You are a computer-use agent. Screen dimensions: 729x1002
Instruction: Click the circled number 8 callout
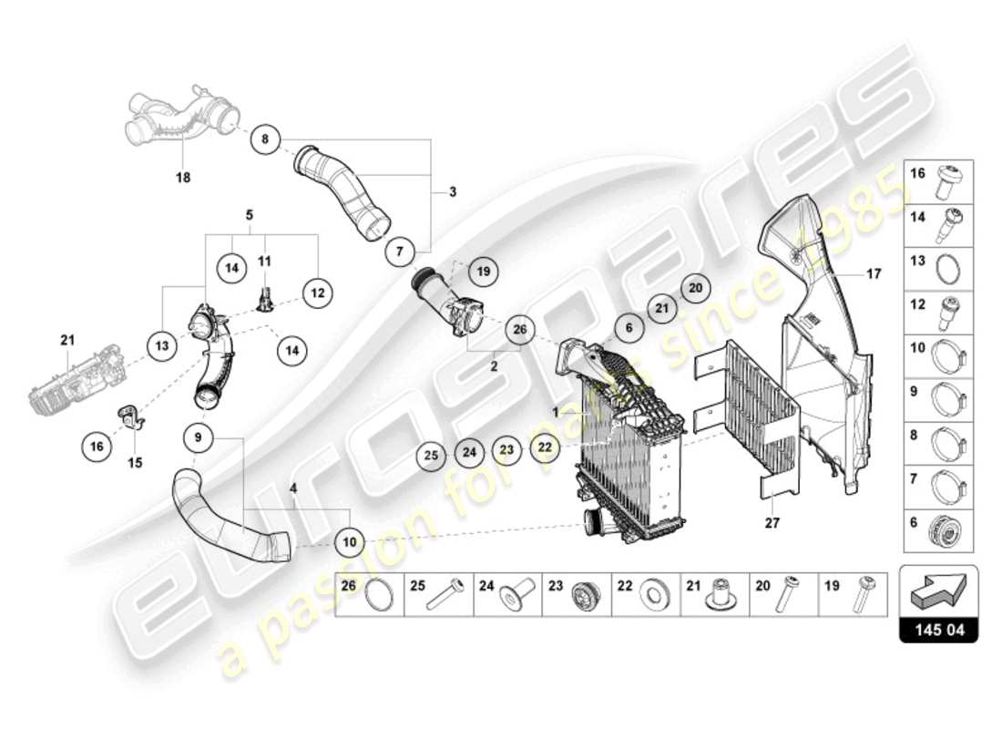tap(265, 139)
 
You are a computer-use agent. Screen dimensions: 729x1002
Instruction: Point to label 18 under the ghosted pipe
tap(183, 178)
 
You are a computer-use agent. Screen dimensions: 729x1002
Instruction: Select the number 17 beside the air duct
tap(874, 272)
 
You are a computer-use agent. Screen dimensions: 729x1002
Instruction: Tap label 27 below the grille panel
tap(773, 523)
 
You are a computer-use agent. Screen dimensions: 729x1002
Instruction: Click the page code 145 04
tap(938, 629)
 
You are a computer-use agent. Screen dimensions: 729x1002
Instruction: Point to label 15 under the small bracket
tap(135, 463)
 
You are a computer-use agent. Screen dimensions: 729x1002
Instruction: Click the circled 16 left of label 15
tap(97, 446)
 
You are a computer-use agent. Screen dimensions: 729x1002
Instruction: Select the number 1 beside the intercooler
tap(554, 411)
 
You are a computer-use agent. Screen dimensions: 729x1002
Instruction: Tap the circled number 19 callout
tap(484, 271)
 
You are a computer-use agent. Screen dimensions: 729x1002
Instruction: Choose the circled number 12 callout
tap(317, 293)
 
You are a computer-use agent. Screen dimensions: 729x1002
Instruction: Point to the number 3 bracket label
tap(452, 192)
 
